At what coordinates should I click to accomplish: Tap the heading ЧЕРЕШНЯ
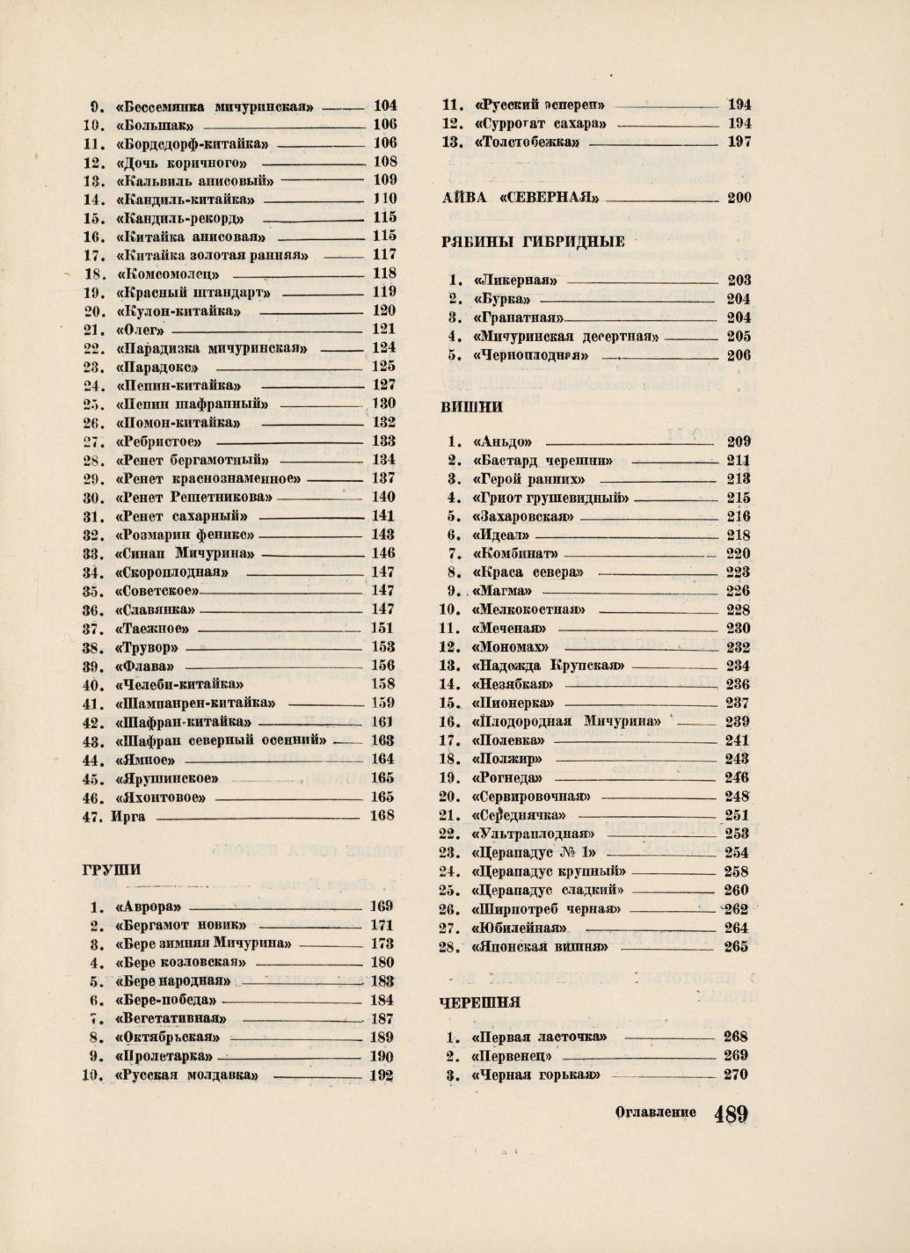[480, 1002]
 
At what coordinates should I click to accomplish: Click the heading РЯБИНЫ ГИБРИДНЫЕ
[534, 242]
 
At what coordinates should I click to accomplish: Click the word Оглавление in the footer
[656, 1112]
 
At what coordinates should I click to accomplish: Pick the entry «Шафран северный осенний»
[221, 740]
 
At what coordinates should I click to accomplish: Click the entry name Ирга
[128, 815]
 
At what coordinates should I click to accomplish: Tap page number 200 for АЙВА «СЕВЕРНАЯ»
[739, 198]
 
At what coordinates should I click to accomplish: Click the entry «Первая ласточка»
[539, 1037]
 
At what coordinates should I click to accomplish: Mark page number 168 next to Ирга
[382, 815]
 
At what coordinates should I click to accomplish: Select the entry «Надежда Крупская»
[549, 666]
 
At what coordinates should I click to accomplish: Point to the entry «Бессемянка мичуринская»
[215, 106]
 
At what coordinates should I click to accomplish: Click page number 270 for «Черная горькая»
[735, 1075]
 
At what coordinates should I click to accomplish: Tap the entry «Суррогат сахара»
[540, 123]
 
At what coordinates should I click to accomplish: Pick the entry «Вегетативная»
[171, 1019]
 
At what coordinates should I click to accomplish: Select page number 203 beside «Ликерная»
[739, 280]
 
